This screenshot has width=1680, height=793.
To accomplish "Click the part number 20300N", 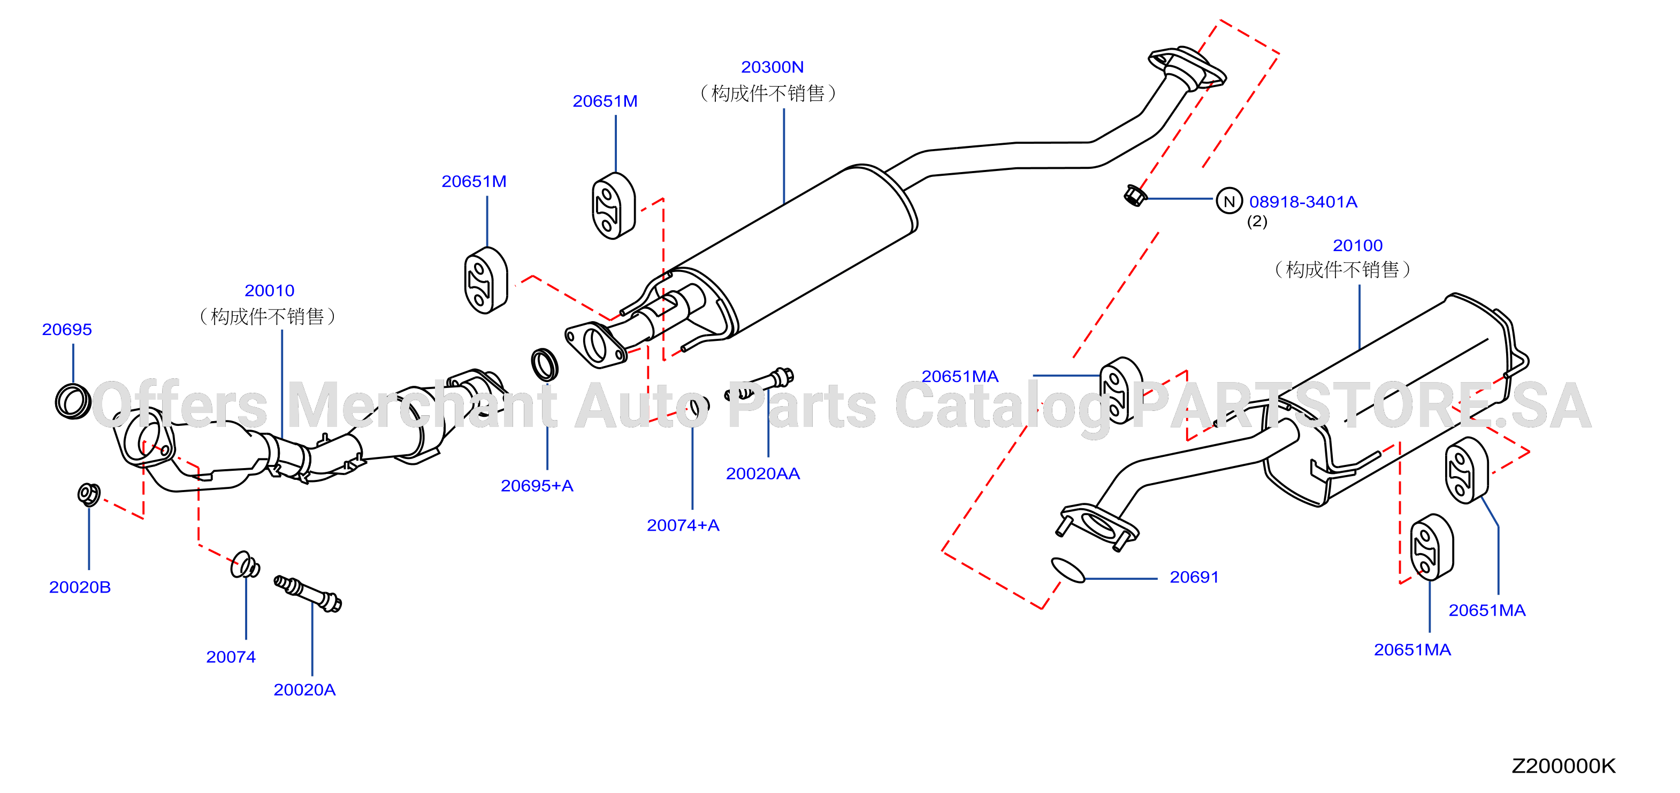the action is click(x=772, y=67).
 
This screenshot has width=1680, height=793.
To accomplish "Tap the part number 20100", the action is click(x=1357, y=246).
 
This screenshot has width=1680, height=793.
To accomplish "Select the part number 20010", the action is click(x=269, y=291).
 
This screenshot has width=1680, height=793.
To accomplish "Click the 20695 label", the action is click(x=67, y=330).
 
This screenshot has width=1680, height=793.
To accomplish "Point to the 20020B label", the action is click(x=80, y=587).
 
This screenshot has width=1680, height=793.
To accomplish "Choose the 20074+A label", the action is click(x=683, y=525).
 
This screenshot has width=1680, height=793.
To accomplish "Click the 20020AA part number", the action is click(x=762, y=473).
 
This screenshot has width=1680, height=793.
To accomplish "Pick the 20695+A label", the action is click(x=537, y=485).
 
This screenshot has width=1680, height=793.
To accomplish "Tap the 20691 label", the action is click(x=1194, y=577).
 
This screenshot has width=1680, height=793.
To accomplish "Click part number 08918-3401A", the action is click(x=1303, y=202).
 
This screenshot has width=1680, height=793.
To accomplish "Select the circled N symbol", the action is click(x=1230, y=201).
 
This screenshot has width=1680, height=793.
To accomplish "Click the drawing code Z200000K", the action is click(x=1564, y=766).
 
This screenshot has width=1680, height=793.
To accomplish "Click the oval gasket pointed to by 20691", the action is click(x=1067, y=570).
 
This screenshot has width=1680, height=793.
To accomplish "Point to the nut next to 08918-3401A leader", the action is click(x=1135, y=195).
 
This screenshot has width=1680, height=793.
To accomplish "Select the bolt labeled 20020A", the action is click(x=308, y=593).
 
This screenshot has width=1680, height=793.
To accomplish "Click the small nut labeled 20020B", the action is click(x=89, y=495).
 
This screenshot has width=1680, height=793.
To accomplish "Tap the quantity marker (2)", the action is click(x=1257, y=222).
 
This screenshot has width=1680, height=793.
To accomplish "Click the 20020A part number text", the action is click(x=304, y=690).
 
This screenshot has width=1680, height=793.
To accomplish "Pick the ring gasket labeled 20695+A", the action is click(x=545, y=365).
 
